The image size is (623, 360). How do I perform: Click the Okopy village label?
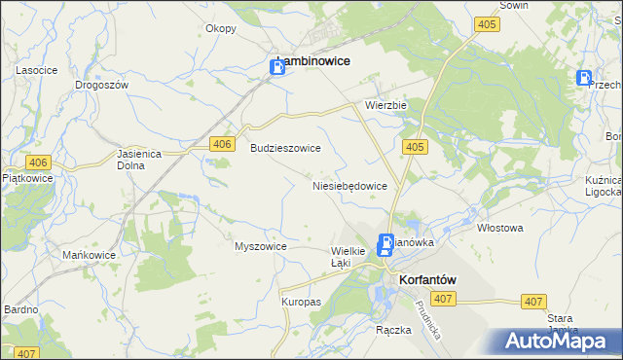click(x=221, y=28)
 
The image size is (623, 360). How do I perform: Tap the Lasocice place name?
click(x=37, y=71)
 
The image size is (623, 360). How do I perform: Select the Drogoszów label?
click(x=102, y=85)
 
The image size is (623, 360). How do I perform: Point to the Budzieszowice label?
click(x=285, y=148)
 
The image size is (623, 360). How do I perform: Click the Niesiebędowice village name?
click(x=349, y=185)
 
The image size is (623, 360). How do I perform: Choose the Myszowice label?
click(x=260, y=246)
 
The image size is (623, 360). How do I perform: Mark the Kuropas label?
click(x=301, y=302)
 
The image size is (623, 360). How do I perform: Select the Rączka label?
click(x=393, y=330)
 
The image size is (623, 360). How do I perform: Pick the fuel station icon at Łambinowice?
click(x=277, y=66)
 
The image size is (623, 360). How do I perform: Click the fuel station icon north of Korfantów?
click(x=385, y=246)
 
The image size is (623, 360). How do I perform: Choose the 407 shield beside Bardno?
click(x=26, y=353)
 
